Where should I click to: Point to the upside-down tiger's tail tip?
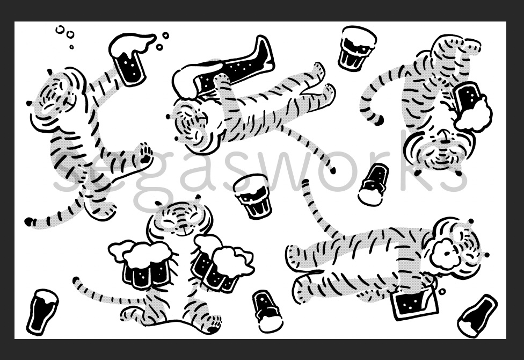(x=379, y=121)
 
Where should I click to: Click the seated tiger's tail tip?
(x=76, y=280)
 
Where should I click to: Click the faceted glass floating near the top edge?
(x=356, y=48)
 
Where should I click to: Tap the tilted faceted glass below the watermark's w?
(x=252, y=196)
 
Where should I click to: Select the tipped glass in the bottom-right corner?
(x=477, y=316)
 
